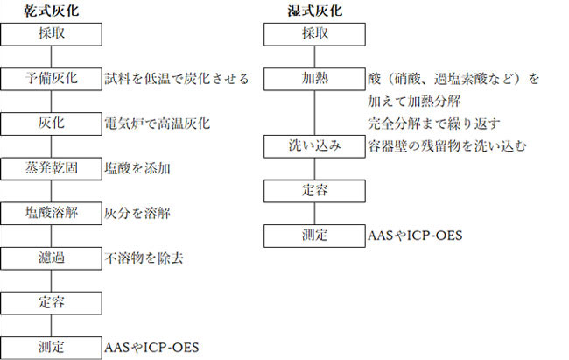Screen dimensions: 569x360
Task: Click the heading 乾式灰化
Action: pyautogui.click(x=51, y=11)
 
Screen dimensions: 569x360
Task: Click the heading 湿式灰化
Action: pyautogui.click(x=314, y=11)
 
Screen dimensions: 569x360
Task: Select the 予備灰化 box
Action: pyautogui.click(x=51, y=79)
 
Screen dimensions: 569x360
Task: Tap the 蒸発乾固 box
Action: pyautogui.click(x=51, y=168)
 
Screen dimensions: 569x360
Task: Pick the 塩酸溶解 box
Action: pyautogui.click(x=51, y=213)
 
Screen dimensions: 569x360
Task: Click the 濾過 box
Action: pyautogui.click(x=51, y=258)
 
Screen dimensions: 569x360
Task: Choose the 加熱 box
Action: pyautogui.click(x=314, y=79)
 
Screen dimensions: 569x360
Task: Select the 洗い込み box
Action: pyautogui.click(x=314, y=146)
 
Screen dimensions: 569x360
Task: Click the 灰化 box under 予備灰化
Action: pyautogui.click(x=51, y=124)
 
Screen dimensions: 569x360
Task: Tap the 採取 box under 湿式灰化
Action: pyautogui.click(x=314, y=34)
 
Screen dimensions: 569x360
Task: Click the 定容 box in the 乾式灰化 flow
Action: pyautogui.click(x=51, y=303)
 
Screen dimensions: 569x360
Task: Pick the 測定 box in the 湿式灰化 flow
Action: pyautogui.click(x=314, y=236)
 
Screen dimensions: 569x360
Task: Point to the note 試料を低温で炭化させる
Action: pyautogui.click(x=177, y=79)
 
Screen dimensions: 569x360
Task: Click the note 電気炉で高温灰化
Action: pyautogui.click(x=157, y=124)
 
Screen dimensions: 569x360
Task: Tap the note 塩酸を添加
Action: pyautogui.click(x=137, y=168)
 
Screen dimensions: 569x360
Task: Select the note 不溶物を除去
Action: pyautogui.click(x=144, y=258)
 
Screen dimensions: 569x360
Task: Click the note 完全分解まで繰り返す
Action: pyautogui.click(x=434, y=124)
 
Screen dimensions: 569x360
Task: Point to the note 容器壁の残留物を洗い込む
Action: pyautogui.click(x=447, y=146)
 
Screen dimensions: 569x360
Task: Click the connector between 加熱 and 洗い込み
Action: pyautogui.click(x=314, y=113)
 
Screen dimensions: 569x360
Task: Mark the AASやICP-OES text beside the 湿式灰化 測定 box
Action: pyautogui.click(x=415, y=236)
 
